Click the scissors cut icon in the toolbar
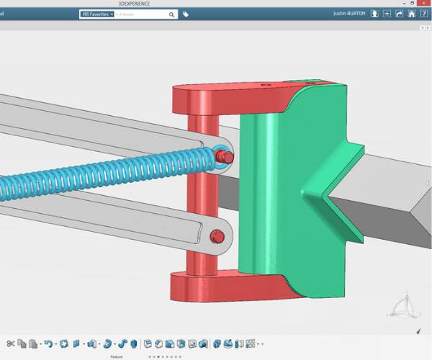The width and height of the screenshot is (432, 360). pos(11,343)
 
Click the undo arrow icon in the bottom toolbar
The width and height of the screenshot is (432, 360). pos(48,343)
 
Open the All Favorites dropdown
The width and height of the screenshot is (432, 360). pos(97,14)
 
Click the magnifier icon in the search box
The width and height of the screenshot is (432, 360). pos(172,14)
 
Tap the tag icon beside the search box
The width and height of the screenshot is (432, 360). pos(186,14)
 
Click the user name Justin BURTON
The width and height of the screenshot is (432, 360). pos(350,14)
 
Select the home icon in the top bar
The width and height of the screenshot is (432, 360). pos(411,13)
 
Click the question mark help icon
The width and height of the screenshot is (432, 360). pos(423,13)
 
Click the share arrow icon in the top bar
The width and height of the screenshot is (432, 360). pos(399,13)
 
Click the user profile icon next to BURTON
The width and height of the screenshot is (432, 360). pos(374,13)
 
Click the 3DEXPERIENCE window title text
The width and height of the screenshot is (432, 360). pos(216,3)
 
